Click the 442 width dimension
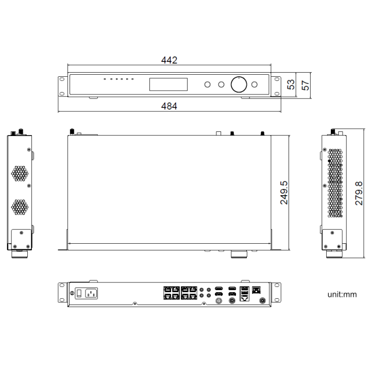point(169,60)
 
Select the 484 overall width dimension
point(169,106)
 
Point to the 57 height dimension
point(305,85)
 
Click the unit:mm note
point(342,295)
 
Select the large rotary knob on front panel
point(239,84)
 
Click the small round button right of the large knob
point(256,85)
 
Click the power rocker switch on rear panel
point(79,293)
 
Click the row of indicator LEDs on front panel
point(119,79)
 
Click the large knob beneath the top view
point(239,254)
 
